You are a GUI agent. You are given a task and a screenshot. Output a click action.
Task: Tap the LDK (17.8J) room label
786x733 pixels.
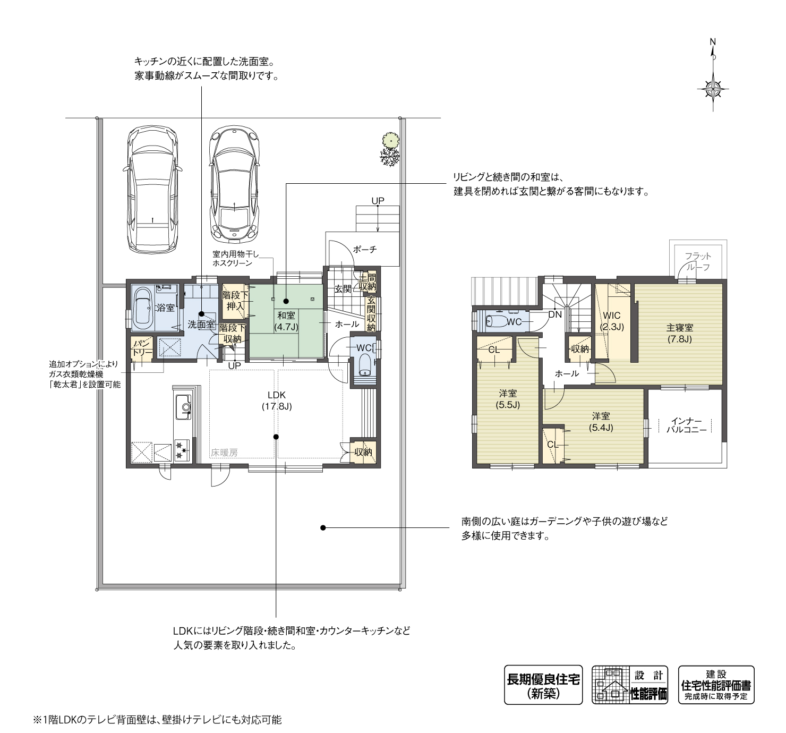tap(276, 400)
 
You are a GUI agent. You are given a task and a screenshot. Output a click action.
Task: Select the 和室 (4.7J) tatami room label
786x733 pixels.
tap(286, 321)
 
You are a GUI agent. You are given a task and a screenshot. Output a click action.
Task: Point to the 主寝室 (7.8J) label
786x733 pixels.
tap(679, 333)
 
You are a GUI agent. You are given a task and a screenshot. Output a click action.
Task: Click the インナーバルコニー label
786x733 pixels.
tap(686, 425)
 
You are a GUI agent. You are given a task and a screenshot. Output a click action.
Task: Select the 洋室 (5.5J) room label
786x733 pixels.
tap(508, 399)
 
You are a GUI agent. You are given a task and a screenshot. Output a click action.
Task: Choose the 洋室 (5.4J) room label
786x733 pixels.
tap(601, 421)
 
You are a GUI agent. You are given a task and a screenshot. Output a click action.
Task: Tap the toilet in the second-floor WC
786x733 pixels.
tap(497, 321)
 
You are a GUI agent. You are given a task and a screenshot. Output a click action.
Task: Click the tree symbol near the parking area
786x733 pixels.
tap(390, 149)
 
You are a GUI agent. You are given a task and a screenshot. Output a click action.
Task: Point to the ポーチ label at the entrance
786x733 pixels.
tap(364, 249)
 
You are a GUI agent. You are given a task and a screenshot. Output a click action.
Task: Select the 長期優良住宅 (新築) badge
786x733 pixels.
tap(543, 685)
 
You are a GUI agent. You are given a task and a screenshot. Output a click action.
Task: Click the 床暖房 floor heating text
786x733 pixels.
tap(224, 453)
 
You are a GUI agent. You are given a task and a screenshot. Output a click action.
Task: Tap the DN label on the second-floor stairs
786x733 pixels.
tap(554, 314)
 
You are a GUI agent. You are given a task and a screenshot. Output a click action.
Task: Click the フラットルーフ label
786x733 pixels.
tap(697, 261)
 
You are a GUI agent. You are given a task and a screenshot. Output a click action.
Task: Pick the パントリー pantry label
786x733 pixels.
tap(142, 348)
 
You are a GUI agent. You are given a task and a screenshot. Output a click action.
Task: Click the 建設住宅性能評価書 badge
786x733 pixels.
tap(716, 685)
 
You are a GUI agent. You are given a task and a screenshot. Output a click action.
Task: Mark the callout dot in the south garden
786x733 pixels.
tap(322, 527)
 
